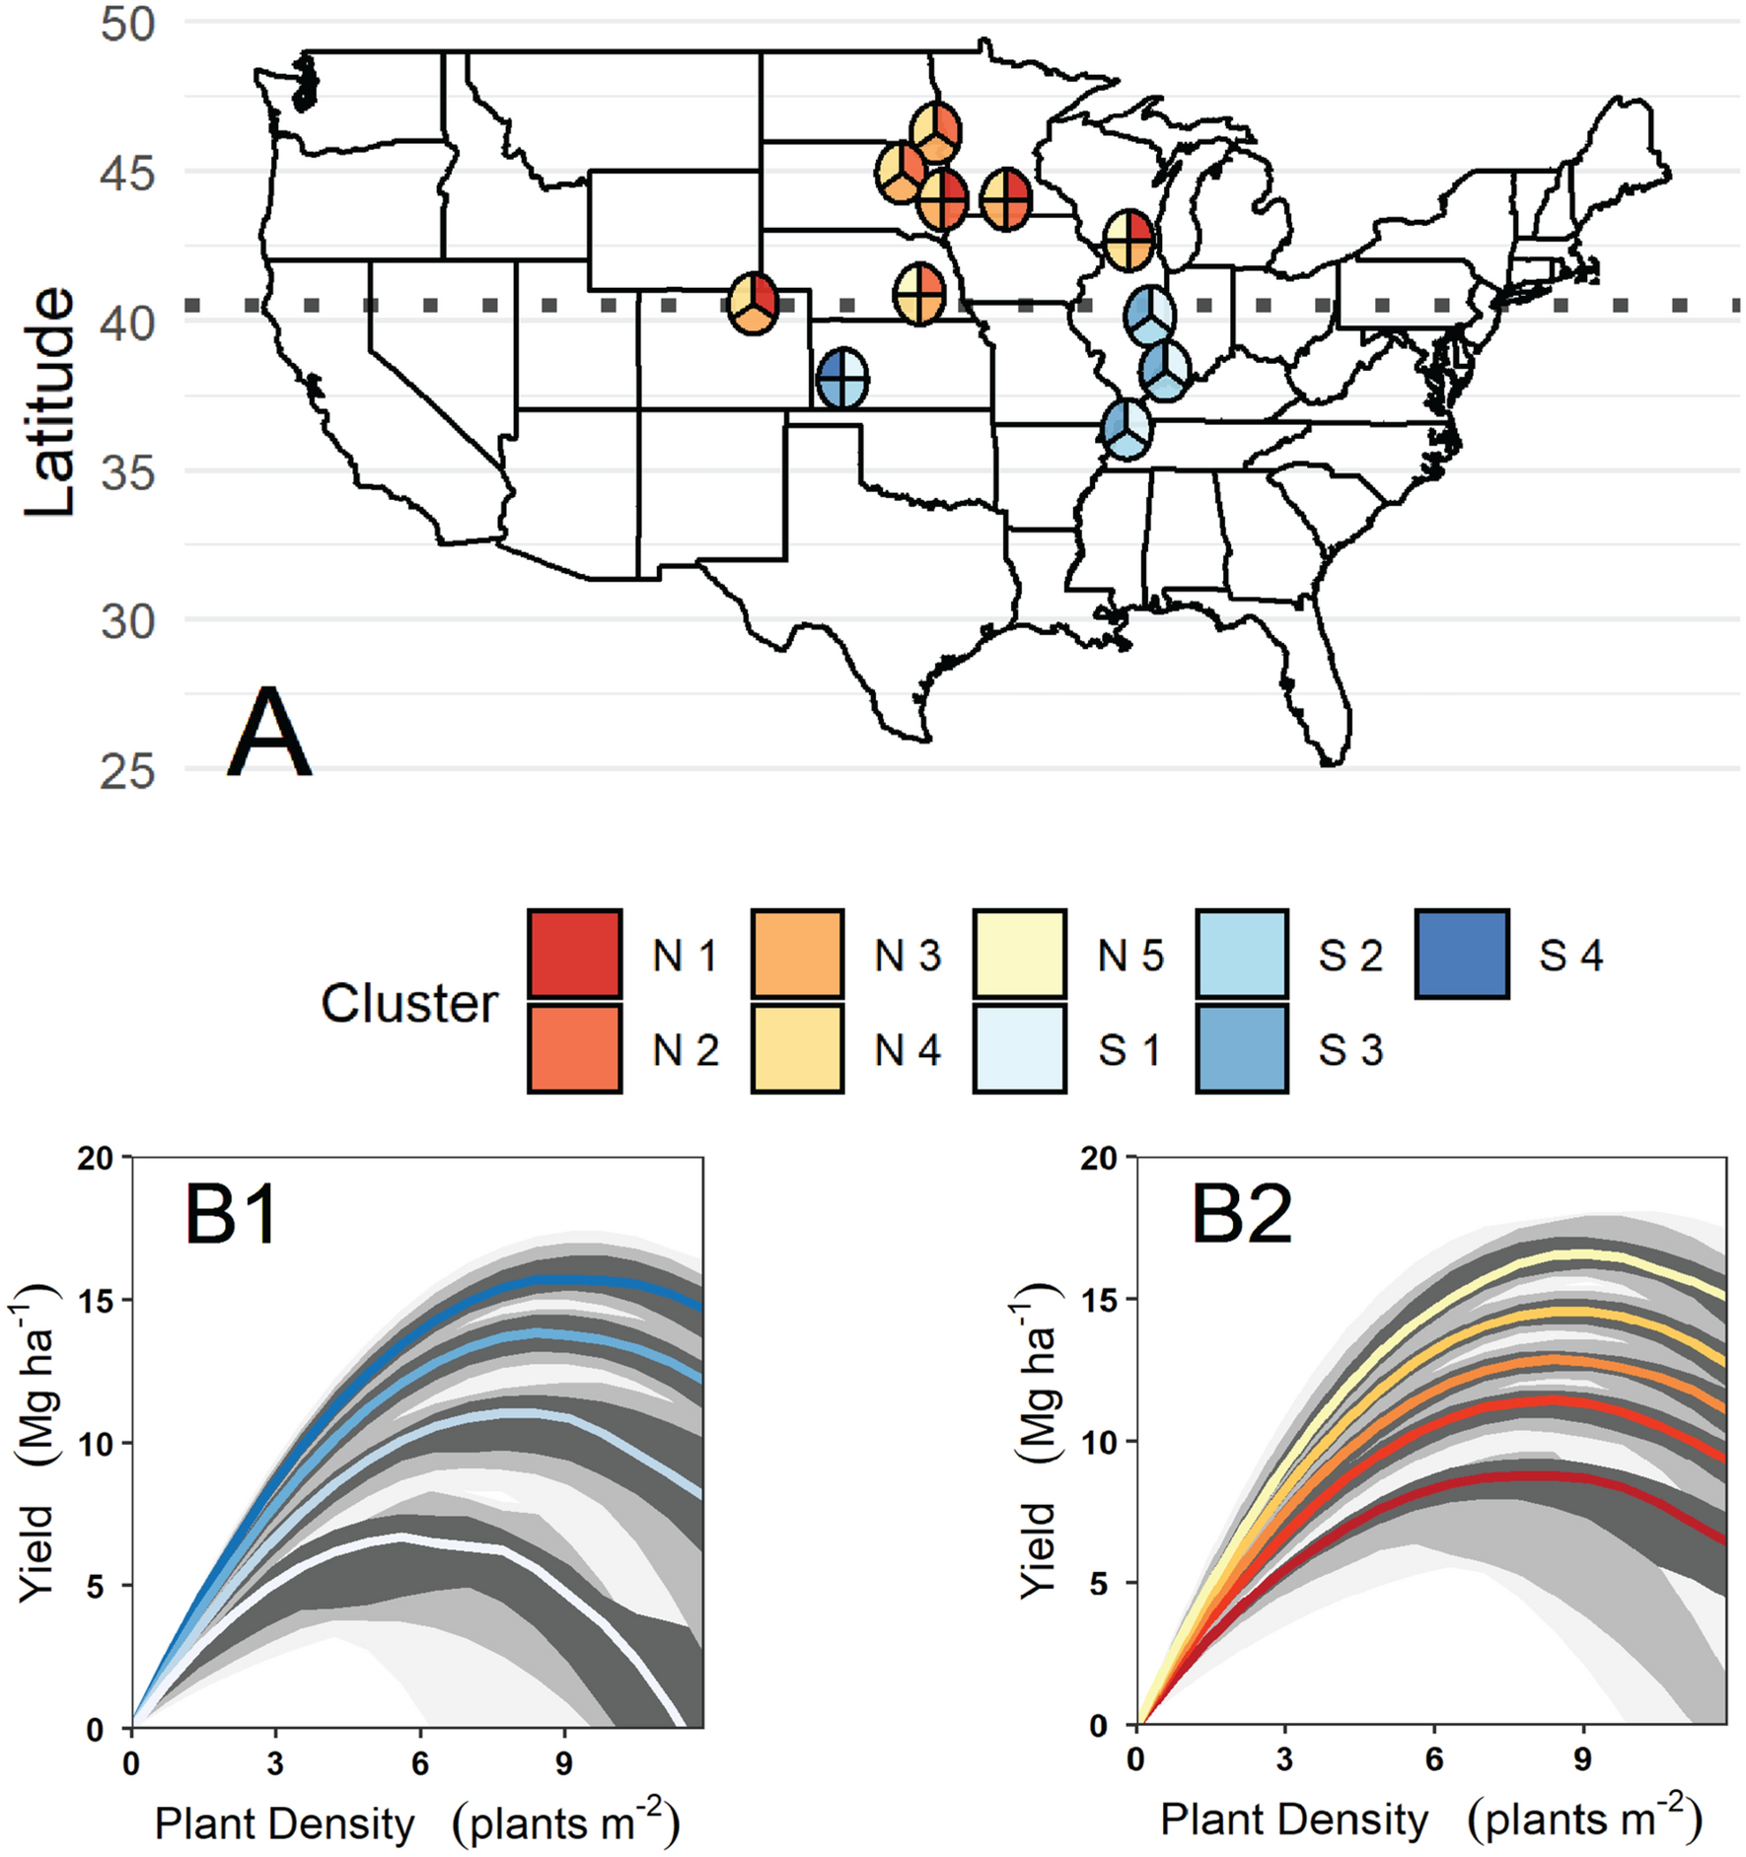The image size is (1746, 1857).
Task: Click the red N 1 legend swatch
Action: click(x=574, y=954)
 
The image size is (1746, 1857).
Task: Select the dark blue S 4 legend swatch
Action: click(x=1462, y=954)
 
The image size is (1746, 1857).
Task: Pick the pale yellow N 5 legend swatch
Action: click(x=1019, y=954)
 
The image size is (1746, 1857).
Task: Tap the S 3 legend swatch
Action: click(x=1241, y=1048)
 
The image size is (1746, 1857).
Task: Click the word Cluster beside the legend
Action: click(x=408, y=1003)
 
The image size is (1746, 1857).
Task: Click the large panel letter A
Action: click(x=268, y=734)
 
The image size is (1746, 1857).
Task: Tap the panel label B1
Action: click(x=232, y=1216)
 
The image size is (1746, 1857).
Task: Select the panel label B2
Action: click(x=1241, y=1214)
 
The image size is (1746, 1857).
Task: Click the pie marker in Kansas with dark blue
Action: click(x=842, y=379)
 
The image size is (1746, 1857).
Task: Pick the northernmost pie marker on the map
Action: click(x=935, y=131)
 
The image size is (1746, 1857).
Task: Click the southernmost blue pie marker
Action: click(x=1127, y=429)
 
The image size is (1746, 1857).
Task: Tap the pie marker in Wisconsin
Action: click(x=1128, y=240)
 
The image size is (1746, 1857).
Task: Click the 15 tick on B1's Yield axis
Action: click(x=94, y=1301)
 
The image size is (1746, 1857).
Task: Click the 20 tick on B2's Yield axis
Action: click(x=1097, y=1158)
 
